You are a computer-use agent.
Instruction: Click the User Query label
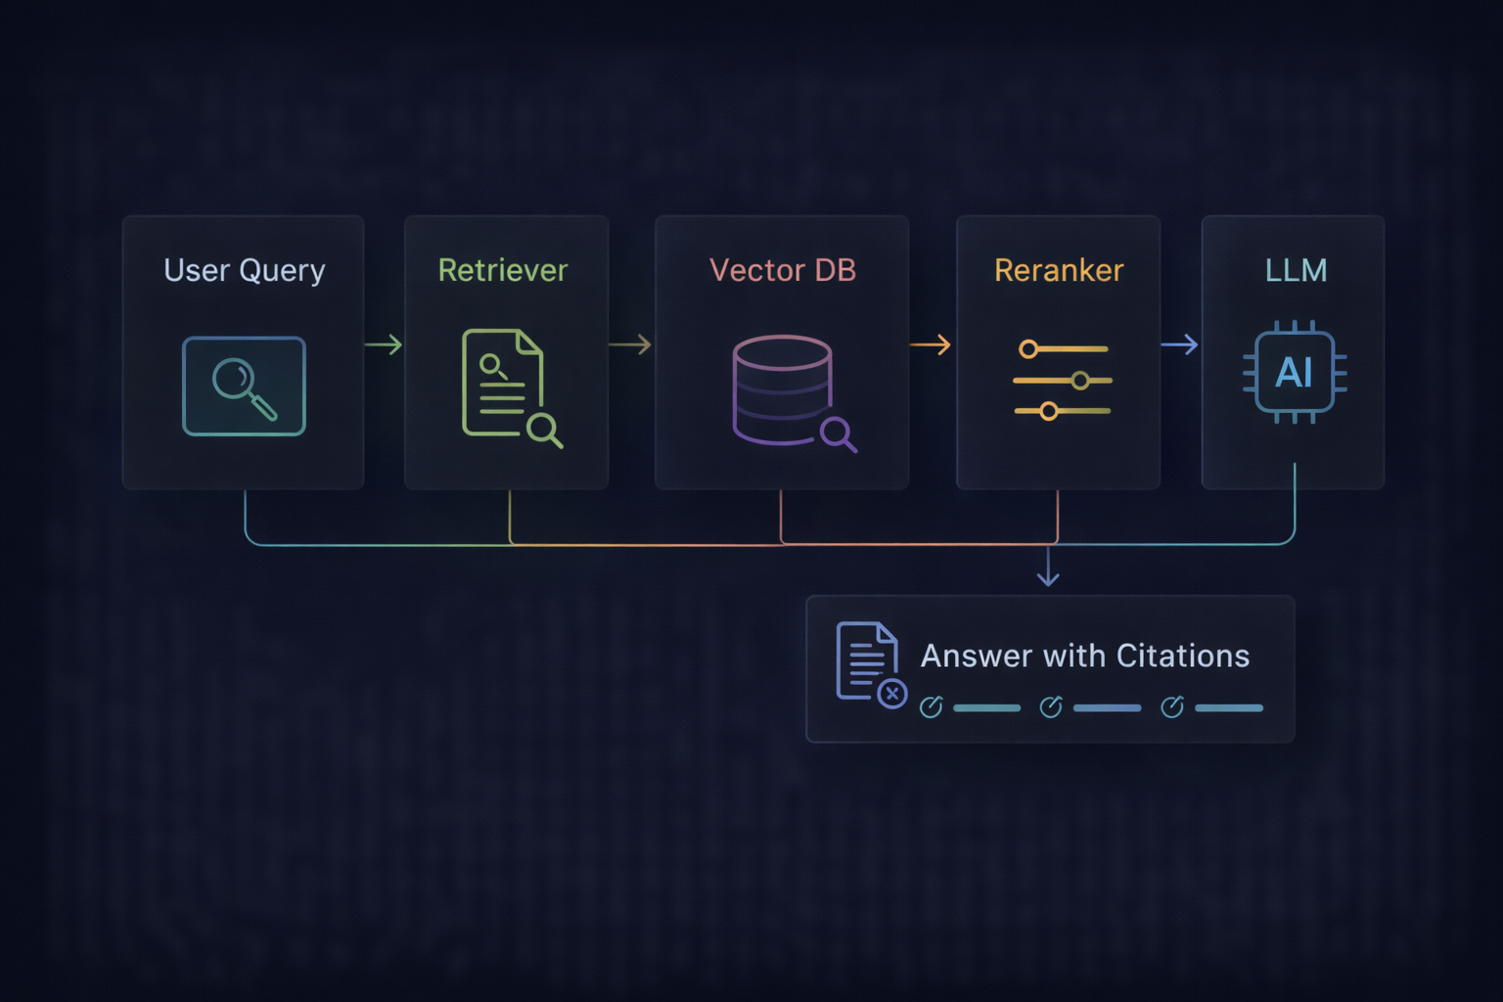click(x=244, y=270)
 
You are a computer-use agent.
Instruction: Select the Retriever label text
click(x=502, y=270)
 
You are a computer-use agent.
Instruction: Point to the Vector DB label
click(x=782, y=270)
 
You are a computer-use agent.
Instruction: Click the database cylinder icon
click(x=783, y=389)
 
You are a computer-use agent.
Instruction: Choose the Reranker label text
click(x=1059, y=270)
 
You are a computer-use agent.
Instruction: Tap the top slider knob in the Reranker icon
click(x=1028, y=349)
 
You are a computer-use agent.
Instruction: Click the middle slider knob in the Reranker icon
click(x=1080, y=380)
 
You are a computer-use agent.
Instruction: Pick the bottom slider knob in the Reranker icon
click(x=1049, y=411)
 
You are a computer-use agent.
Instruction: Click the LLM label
click(x=1296, y=270)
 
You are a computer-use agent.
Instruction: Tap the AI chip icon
click(x=1295, y=372)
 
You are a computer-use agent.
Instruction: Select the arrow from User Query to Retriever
click(x=384, y=344)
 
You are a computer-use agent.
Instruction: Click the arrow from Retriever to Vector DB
click(x=630, y=344)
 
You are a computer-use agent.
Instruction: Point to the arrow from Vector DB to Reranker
click(x=931, y=344)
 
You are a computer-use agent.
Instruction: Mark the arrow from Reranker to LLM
click(x=1180, y=344)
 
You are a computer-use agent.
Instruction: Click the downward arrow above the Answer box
click(x=1048, y=569)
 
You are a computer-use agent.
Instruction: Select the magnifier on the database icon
click(x=838, y=433)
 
